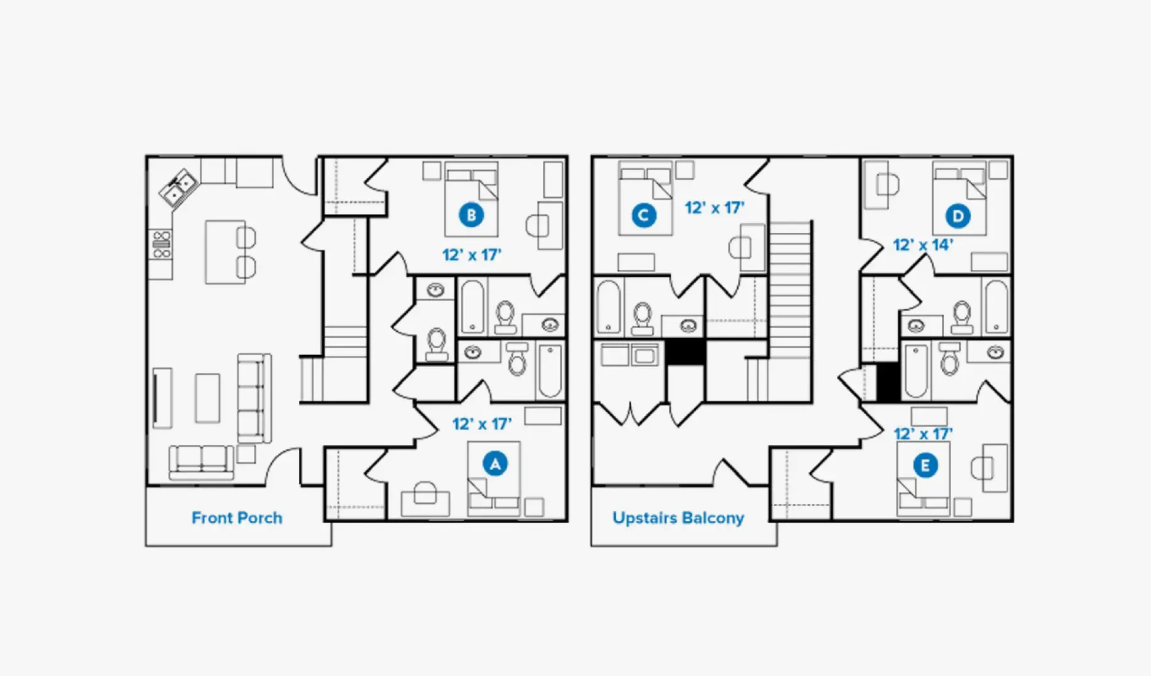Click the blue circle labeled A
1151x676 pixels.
click(495, 464)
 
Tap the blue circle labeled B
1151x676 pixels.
click(471, 215)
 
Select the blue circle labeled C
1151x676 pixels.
click(643, 215)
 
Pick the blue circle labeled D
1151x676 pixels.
click(958, 216)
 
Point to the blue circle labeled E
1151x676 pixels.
click(925, 465)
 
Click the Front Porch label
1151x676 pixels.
click(237, 518)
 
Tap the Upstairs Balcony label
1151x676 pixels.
click(678, 518)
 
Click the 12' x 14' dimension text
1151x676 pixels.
click(923, 245)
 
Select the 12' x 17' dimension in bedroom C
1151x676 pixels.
click(714, 208)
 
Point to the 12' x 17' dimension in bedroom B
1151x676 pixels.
click(472, 254)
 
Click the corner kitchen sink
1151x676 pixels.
click(178, 187)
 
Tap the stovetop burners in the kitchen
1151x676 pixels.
click(162, 245)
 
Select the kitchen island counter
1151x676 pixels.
click(225, 252)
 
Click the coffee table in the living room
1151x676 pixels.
click(207, 398)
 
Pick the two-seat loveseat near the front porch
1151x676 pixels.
click(201, 462)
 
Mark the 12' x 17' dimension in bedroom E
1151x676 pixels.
click(923, 434)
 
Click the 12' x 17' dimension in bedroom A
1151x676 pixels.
click(482, 424)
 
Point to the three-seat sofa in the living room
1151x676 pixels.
click(255, 398)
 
